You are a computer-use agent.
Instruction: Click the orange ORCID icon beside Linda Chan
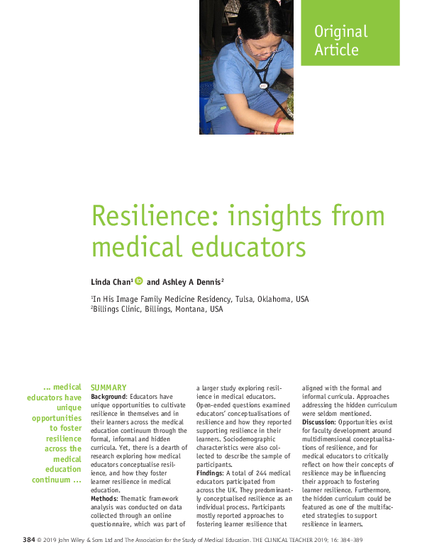[x=138, y=281]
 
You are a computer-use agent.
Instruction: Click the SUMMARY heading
[x=109, y=388]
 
